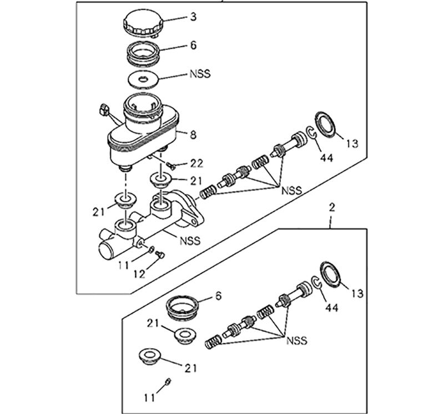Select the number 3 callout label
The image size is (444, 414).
(x=193, y=17)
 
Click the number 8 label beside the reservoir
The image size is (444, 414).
(x=193, y=135)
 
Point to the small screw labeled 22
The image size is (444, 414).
(x=171, y=165)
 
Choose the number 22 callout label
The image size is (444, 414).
(x=196, y=163)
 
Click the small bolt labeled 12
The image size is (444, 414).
(x=160, y=255)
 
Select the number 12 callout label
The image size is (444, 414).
(x=139, y=274)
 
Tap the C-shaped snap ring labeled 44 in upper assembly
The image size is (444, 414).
(x=311, y=132)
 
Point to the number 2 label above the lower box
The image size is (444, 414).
(x=332, y=208)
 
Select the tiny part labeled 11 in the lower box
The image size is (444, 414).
(x=168, y=381)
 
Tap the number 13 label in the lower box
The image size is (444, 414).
(x=357, y=294)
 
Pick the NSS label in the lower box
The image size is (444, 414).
(x=296, y=340)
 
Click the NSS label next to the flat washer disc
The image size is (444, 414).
(x=200, y=74)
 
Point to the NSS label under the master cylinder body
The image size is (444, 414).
(x=190, y=241)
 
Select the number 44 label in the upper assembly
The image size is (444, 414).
(x=327, y=157)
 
